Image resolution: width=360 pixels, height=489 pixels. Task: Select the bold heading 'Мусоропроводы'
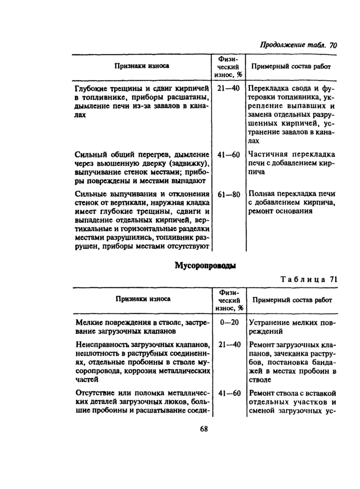click(x=205, y=266)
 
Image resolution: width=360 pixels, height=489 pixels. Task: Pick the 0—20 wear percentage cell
click(x=229, y=322)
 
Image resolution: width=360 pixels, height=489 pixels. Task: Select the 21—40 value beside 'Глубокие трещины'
click(x=229, y=89)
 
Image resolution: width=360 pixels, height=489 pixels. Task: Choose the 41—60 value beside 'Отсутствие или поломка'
click(x=229, y=394)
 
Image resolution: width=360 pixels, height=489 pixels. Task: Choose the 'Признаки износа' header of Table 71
click(x=143, y=299)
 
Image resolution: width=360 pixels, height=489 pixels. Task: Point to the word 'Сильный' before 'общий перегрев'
click(x=89, y=154)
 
